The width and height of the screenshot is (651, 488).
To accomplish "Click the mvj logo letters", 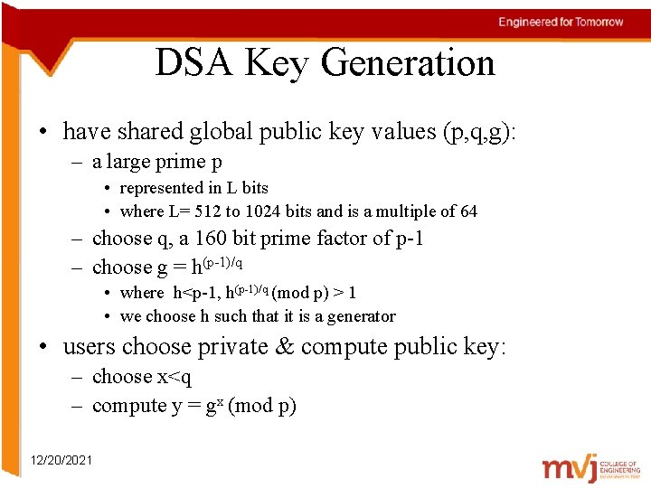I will tap(569, 468).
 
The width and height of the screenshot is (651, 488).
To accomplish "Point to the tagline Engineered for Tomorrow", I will tap(561, 22).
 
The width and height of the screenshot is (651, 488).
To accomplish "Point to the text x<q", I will tap(175, 377).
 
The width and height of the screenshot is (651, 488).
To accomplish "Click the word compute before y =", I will tap(129, 406).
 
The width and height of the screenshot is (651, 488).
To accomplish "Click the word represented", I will tap(163, 188).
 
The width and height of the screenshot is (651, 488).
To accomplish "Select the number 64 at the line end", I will tap(467, 211).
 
